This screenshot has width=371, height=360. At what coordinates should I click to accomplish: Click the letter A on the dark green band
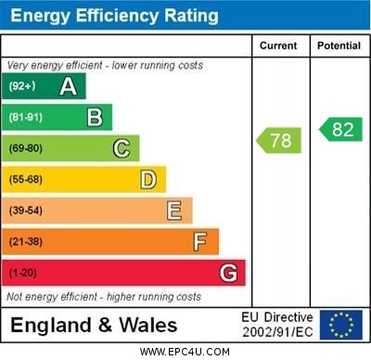point(68,86)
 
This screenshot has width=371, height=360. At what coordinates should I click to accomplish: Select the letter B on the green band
point(95,117)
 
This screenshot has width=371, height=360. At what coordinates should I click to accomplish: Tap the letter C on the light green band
point(122,148)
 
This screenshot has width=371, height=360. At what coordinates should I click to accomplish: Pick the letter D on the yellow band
point(147,179)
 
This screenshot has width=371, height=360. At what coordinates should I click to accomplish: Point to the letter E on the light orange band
point(173,211)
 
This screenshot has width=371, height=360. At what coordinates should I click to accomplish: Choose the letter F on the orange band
point(199,241)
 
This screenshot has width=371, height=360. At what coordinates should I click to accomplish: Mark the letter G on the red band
point(228,273)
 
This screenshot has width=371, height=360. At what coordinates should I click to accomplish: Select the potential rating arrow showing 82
point(340,129)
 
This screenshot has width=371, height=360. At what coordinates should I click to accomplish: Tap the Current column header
point(278,45)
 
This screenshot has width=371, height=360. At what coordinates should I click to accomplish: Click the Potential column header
point(339,45)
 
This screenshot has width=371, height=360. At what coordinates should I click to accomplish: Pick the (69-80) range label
point(26,148)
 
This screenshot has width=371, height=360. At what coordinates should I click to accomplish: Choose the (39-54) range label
point(26,211)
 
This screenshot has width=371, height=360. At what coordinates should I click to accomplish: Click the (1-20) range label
point(23,273)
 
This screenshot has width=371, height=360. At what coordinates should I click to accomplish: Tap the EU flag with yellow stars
point(341,325)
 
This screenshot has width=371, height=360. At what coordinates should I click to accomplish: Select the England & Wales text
point(94,326)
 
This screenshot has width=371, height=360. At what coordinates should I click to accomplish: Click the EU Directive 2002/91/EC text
point(277,325)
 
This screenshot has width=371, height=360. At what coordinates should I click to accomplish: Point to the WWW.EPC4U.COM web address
point(185,352)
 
